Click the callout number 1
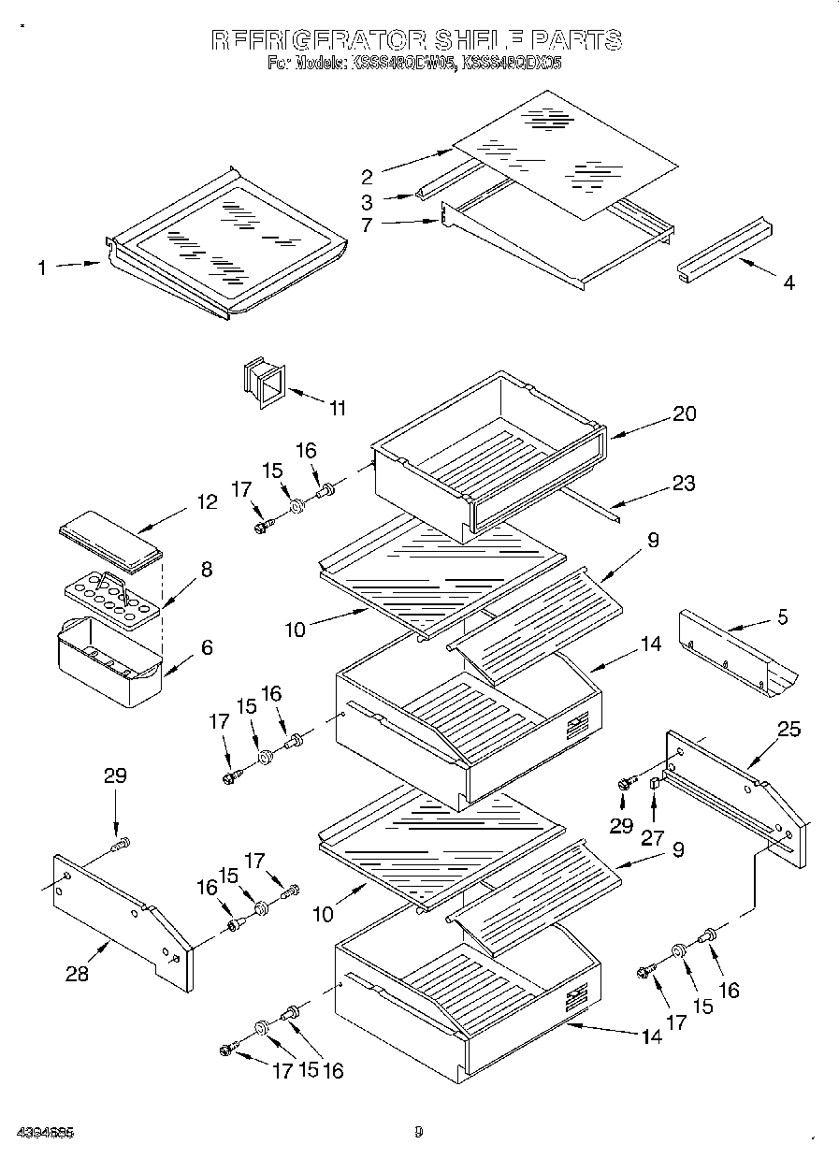(x=42, y=269)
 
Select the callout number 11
(x=337, y=408)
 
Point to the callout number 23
(x=684, y=485)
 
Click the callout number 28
(x=77, y=974)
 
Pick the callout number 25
(x=788, y=728)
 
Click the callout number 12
(x=207, y=502)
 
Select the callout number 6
(x=206, y=646)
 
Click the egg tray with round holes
(x=110, y=598)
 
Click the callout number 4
(x=788, y=283)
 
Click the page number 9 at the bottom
(x=419, y=1132)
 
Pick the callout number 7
(x=367, y=225)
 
